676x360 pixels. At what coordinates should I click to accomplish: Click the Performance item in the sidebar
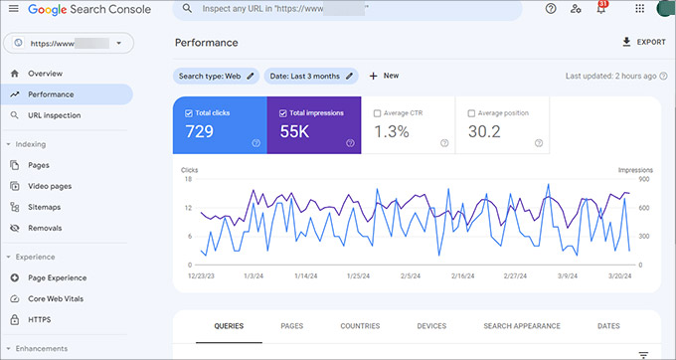pos(51,94)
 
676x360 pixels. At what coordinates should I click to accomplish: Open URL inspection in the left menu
pos(54,115)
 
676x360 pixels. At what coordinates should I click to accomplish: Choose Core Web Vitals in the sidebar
pos(62,299)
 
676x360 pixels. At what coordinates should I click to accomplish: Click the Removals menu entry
pos(45,228)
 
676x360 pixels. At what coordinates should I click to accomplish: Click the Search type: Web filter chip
pos(216,76)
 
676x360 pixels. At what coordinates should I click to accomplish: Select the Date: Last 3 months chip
pos(311,76)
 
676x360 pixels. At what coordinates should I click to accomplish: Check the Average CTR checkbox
pos(377,113)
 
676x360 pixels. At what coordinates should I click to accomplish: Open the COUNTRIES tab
pos(359,326)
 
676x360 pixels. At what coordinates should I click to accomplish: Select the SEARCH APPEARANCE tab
pos(521,326)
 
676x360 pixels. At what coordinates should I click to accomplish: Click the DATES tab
pos(608,326)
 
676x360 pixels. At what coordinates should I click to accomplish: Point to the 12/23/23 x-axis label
pos(200,276)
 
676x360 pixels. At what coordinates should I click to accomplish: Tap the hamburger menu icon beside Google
pos(14,8)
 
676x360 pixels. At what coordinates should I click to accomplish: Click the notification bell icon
pos(601,9)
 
